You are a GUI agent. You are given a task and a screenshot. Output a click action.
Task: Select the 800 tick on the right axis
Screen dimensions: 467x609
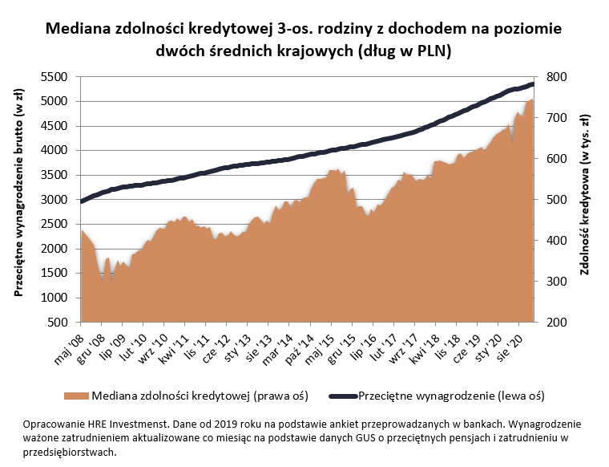(x=558, y=77)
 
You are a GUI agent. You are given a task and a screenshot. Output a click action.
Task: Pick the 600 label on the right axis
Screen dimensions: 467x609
(x=558, y=159)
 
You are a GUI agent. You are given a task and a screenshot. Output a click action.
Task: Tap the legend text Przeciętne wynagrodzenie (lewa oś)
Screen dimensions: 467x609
(x=451, y=396)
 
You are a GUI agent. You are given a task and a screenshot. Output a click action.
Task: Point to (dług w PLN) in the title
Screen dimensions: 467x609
(x=405, y=51)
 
